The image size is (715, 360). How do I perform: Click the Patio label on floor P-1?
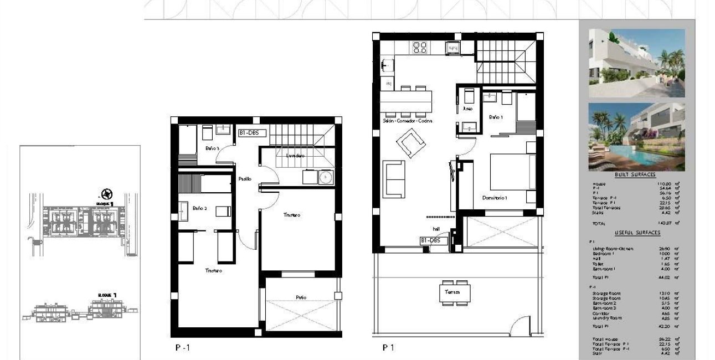(x=301, y=298)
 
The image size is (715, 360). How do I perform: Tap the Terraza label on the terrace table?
(x=451, y=292)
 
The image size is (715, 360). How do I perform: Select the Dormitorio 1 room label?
(x=494, y=198)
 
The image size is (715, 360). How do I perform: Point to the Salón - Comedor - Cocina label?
(x=407, y=121)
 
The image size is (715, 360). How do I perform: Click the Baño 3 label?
(x=213, y=148)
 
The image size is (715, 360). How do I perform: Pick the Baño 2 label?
(x=199, y=209)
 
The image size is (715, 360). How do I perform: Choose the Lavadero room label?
(x=295, y=156)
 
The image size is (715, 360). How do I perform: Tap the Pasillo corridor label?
(x=245, y=179)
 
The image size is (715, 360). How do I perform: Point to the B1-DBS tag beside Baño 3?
(x=253, y=133)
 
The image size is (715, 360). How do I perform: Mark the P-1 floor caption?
(x=182, y=348)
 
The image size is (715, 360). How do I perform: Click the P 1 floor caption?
(x=388, y=348)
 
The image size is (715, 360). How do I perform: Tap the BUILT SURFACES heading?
(x=635, y=174)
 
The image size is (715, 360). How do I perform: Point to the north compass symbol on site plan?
(x=106, y=194)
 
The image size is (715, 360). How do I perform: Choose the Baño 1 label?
(x=495, y=117)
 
